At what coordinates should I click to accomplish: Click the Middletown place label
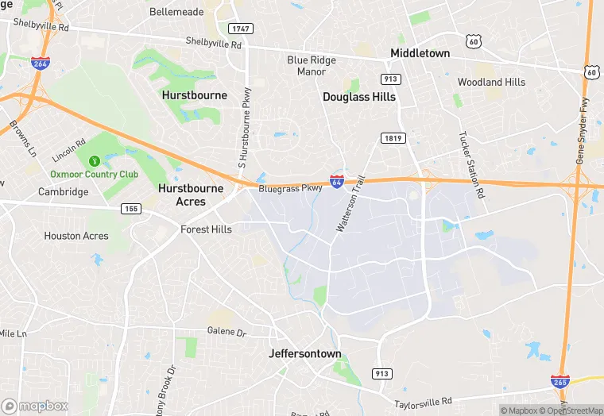click(x=420, y=53)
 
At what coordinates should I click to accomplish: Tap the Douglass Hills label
click(x=358, y=97)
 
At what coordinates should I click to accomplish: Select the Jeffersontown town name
click(x=304, y=353)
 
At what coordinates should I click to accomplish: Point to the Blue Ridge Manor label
click(x=307, y=65)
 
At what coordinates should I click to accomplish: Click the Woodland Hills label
click(x=491, y=82)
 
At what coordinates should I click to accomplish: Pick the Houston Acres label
click(x=76, y=236)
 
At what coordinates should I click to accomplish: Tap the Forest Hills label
click(x=206, y=229)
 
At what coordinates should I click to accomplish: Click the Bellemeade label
click(x=176, y=12)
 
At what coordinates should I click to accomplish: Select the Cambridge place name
click(x=64, y=192)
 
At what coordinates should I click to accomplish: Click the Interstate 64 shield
click(x=337, y=182)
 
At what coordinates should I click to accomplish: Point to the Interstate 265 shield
click(x=560, y=381)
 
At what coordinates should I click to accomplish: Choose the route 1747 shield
click(x=239, y=29)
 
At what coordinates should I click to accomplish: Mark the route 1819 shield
click(x=393, y=137)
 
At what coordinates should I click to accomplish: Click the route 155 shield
click(x=131, y=208)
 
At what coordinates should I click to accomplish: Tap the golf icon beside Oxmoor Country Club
click(x=95, y=161)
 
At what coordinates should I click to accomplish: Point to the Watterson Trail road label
click(x=350, y=203)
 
